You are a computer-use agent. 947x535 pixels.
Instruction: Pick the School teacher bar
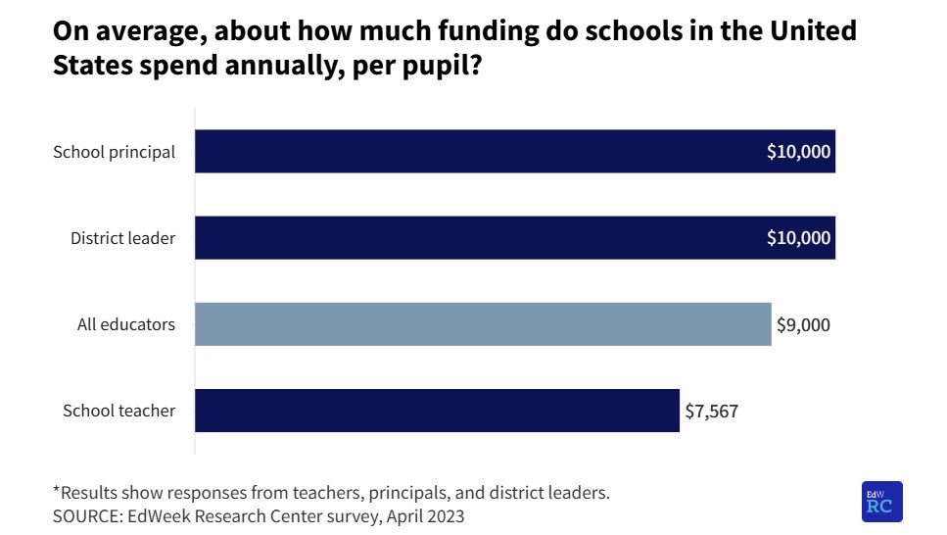[x=437, y=411]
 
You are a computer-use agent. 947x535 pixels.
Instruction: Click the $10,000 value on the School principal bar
[x=798, y=152]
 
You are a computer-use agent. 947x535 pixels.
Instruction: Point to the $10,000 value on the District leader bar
[x=798, y=238]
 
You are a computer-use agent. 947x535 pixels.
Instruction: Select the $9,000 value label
[x=803, y=324]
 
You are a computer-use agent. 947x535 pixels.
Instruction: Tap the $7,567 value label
[x=711, y=411]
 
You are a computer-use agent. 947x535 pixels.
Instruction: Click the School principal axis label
[x=115, y=152]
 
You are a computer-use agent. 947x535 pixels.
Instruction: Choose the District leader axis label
[x=122, y=238]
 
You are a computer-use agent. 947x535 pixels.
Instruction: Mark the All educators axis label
[x=126, y=324]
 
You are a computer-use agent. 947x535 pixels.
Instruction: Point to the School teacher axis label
[x=118, y=411]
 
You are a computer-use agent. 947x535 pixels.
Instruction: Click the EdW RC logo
[x=881, y=502]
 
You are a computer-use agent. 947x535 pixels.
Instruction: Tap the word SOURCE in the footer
[x=86, y=515]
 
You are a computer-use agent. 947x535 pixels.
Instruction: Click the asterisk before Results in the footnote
[x=56, y=491]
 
